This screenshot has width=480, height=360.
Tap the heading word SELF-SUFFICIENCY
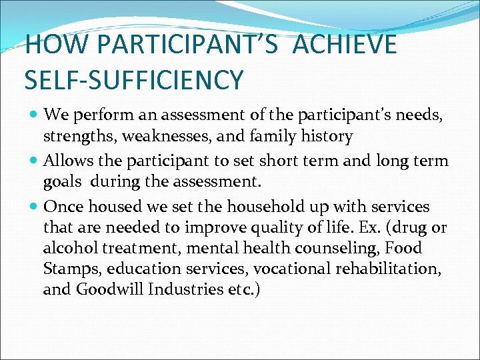pos(134,80)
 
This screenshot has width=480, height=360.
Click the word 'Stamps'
pos(67,269)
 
